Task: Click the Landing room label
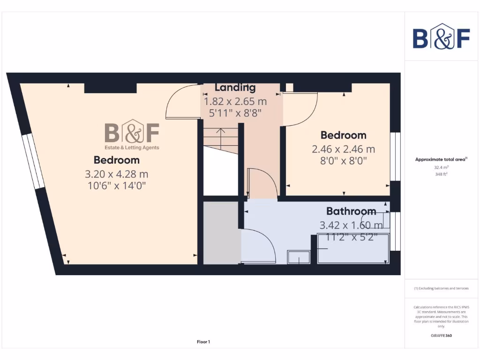tap(235, 88)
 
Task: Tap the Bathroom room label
tap(351, 211)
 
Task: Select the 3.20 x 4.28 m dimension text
tap(116, 174)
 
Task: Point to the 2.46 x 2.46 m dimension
tap(344, 150)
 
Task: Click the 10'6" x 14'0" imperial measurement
tap(116, 186)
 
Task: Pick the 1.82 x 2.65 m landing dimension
tap(235, 101)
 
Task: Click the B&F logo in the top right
tap(441, 37)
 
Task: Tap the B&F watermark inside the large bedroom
tap(132, 135)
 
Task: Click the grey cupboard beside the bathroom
tap(221, 232)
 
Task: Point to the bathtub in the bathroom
tap(353, 248)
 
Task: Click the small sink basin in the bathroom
tap(299, 257)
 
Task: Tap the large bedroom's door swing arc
tap(180, 101)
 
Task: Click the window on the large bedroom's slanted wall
tap(33, 160)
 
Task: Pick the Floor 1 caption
tap(203, 342)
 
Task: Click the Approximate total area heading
tap(441, 159)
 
